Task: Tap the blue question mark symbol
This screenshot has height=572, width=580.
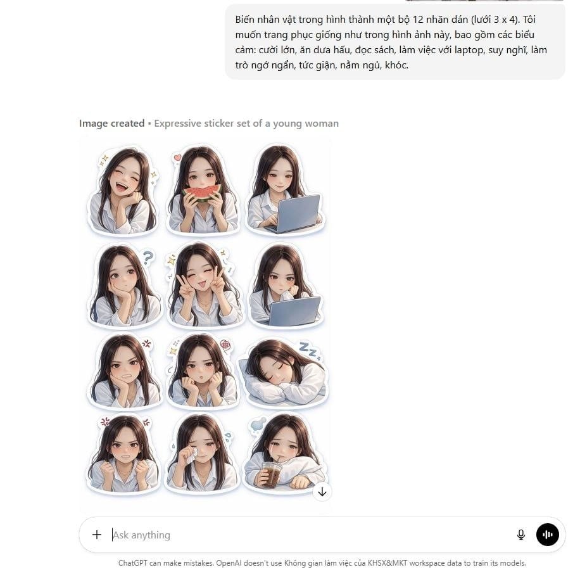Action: click(148, 257)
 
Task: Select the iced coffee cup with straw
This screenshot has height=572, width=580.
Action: click(272, 475)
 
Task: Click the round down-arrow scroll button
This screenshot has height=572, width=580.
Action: click(322, 492)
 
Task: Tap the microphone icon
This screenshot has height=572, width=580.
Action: click(521, 535)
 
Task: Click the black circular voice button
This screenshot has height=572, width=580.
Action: click(548, 535)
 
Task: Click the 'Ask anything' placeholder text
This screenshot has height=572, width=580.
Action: click(142, 535)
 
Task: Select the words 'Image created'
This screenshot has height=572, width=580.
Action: click(111, 124)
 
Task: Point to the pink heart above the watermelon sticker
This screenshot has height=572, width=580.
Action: click(178, 157)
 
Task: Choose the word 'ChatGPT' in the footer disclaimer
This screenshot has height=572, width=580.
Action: click(133, 563)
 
